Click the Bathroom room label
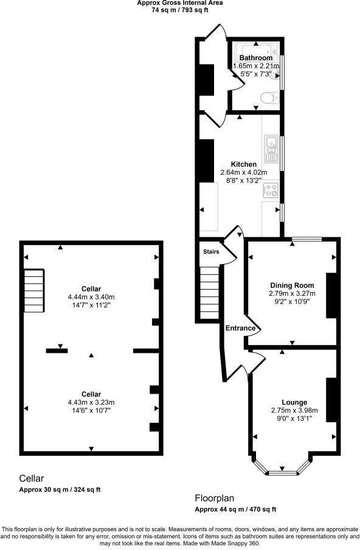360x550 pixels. coord(255,58)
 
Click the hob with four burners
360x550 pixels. coord(269,190)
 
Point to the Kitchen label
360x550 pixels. coord(243,164)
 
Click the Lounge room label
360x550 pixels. coord(294,402)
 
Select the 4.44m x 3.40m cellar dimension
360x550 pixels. coord(91,296)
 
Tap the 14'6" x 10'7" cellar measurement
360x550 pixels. coord(91,410)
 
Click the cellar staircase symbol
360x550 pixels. coord(35,290)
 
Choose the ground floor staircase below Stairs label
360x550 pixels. coord(209,292)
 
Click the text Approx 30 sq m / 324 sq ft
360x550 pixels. coord(60,490)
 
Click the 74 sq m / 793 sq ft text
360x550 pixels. coord(179,10)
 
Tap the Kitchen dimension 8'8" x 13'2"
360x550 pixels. coord(243,180)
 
